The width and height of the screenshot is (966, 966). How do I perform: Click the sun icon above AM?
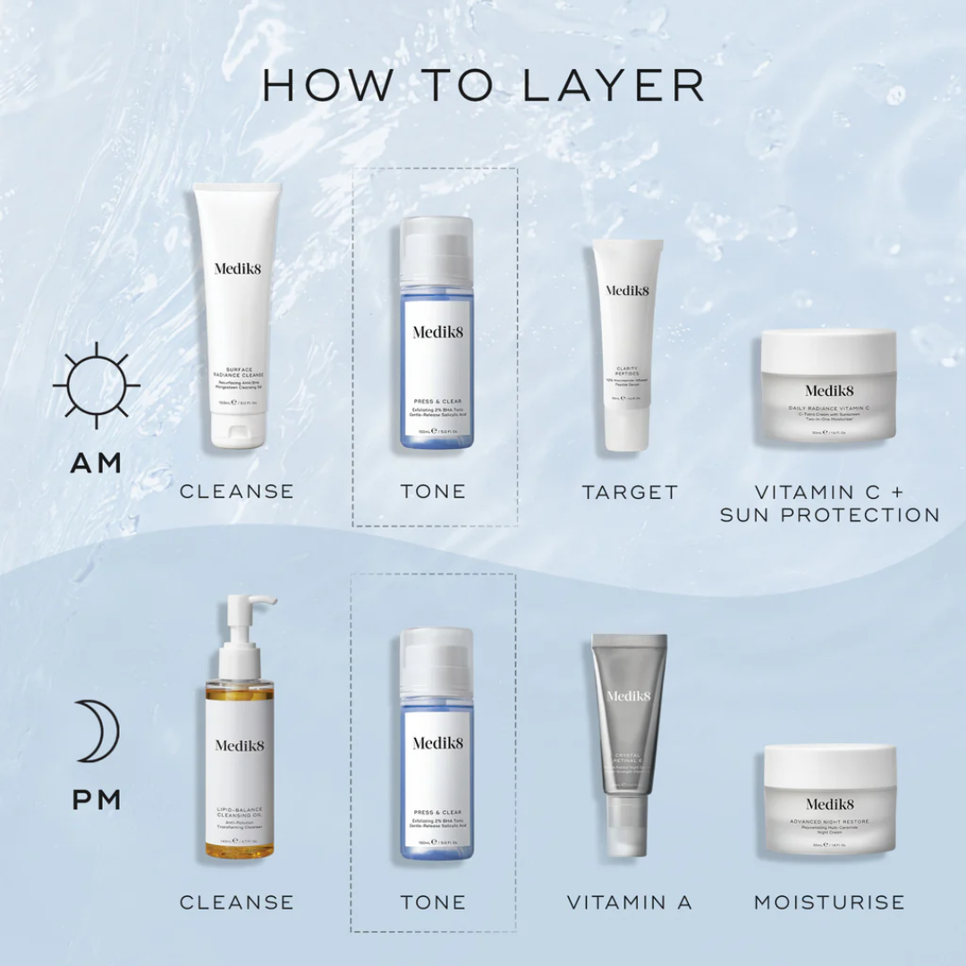(x=97, y=386)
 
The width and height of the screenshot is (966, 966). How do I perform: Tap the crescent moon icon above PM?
(x=99, y=731)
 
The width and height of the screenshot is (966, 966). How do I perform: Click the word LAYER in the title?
(x=614, y=85)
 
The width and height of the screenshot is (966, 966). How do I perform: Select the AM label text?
(x=97, y=463)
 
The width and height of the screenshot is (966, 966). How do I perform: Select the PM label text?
(x=97, y=800)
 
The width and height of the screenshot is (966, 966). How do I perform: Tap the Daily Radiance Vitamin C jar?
(x=828, y=386)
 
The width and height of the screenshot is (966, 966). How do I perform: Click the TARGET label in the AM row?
(x=630, y=492)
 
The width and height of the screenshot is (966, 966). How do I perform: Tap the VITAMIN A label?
(x=630, y=902)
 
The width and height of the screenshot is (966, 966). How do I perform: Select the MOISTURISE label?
(x=829, y=902)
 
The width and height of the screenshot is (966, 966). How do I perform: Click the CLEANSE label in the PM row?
(x=237, y=902)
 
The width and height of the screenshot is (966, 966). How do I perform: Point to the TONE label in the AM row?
(x=434, y=491)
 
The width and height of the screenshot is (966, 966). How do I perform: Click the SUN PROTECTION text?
(x=829, y=515)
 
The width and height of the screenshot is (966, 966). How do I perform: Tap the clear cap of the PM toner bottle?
(x=436, y=660)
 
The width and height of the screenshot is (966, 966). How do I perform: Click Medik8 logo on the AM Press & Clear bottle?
(x=436, y=333)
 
